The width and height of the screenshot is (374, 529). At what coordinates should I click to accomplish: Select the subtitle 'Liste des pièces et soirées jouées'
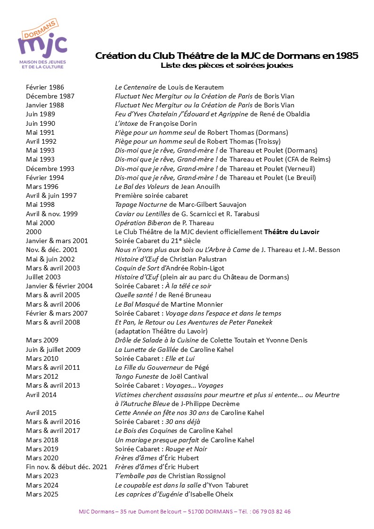pos(227,65)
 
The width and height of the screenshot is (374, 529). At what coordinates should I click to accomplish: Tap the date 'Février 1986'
pos(45,87)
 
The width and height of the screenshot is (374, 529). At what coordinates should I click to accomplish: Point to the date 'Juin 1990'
pos(41,123)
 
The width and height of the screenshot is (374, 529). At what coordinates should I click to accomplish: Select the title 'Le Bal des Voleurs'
pos(143,187)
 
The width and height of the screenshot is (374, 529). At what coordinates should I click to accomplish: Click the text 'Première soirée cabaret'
pos(151,195)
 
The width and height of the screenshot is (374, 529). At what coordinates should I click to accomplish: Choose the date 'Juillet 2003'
pos(43,277)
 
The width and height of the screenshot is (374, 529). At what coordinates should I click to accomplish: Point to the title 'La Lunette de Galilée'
pos(147,350)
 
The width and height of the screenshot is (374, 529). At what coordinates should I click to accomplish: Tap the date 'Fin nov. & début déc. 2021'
pos(66,467)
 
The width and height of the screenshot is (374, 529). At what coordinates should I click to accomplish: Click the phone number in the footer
pos(271,512)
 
